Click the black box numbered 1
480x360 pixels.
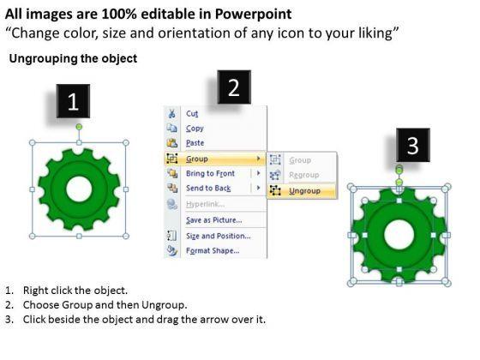click(73, 101)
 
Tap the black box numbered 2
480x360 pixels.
click(234, 87)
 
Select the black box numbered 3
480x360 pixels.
click(413, 145)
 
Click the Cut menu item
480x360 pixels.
click(192, 113)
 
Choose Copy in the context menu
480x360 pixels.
click(195, 129)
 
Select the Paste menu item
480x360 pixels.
click(195, 143)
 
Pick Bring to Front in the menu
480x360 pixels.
click(210, 173)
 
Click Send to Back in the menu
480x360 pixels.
click(208, 188)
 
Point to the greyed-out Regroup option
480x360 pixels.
click(304, 175)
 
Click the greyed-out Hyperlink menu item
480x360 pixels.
click(205, 204)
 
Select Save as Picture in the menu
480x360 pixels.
click(214, 220)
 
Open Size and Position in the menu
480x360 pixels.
click(219, 236)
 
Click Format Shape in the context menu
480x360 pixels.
click(213, 250)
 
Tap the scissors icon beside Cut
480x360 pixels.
click(171, 113)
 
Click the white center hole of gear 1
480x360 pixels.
click(79, 189)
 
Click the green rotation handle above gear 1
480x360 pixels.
click(79, 127)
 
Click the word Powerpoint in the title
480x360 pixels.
click(253, 14)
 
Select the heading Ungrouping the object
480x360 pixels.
click(73, 58)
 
